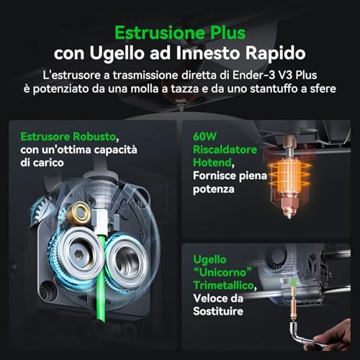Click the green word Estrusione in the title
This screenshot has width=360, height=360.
(161, 33)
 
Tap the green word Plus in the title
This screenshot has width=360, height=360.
(228, 33)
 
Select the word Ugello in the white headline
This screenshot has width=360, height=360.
(117, 53)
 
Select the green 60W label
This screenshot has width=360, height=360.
(204, 137)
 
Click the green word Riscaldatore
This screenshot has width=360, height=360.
(225, 150)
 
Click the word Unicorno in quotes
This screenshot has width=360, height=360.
(222, 272)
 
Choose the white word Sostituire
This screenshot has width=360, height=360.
(218, 311)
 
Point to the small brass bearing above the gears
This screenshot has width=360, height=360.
(78, 213)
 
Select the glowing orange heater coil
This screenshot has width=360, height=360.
(289, 175)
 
